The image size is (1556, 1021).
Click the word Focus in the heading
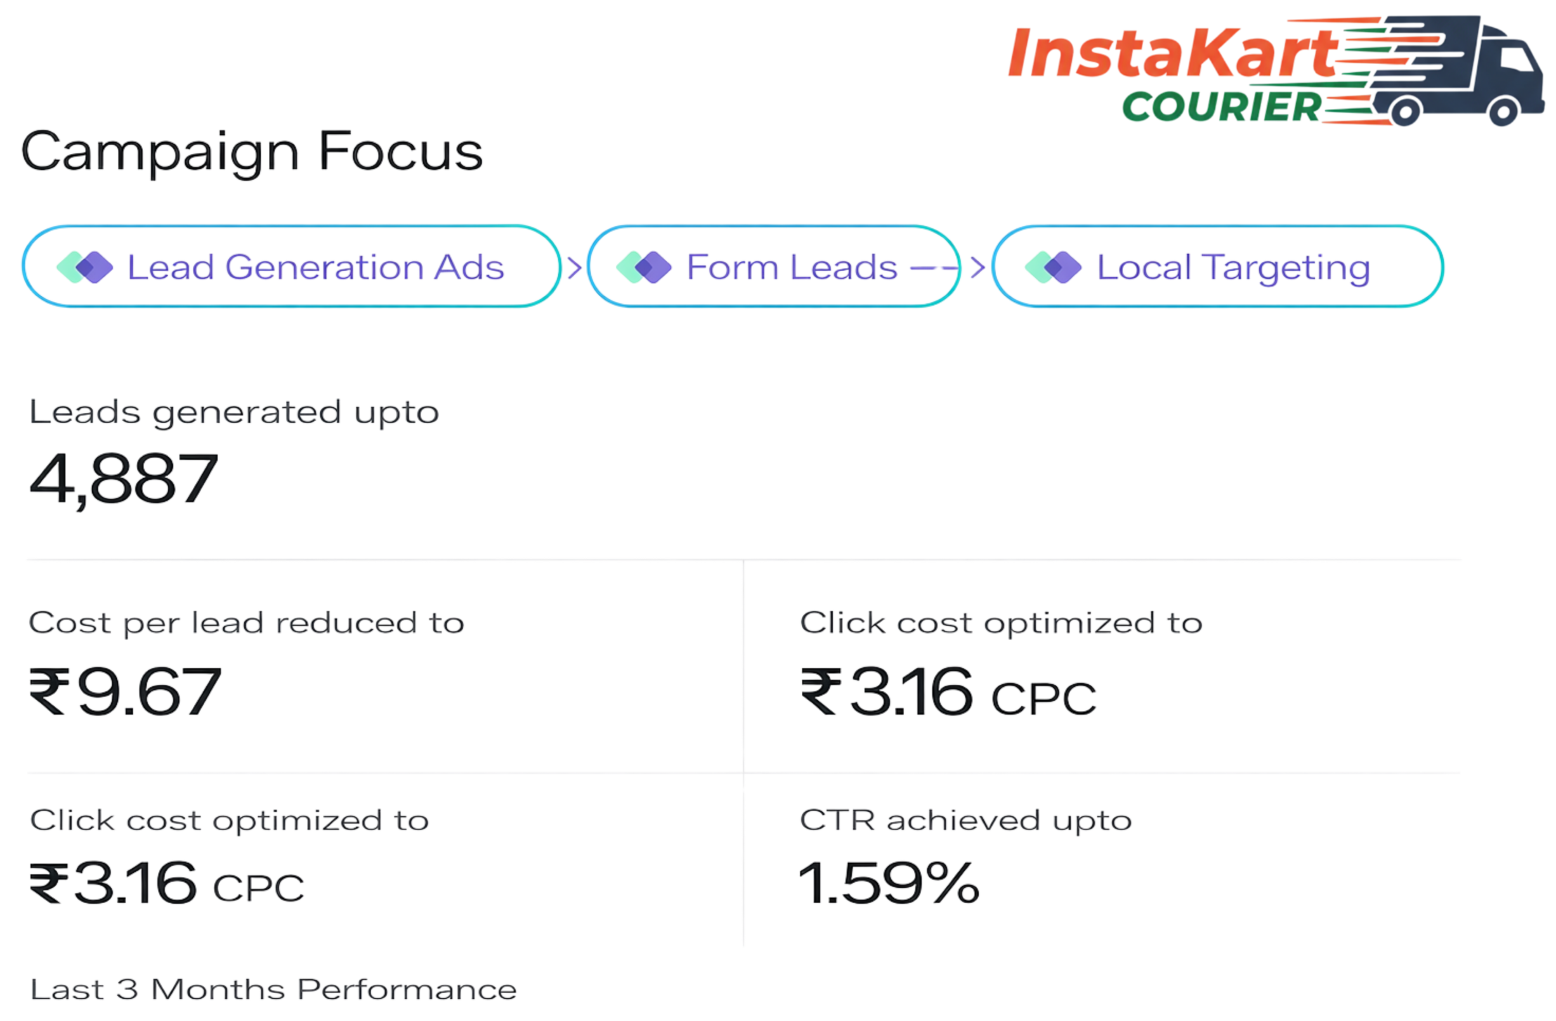click(401, 152)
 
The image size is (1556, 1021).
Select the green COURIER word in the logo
click(1221, 107)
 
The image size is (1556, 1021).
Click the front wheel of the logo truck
click(1503, 112)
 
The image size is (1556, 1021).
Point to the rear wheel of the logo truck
click(1404, 112)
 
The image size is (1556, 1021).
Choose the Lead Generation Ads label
click(316, 268)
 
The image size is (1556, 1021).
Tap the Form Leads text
click(792, 268)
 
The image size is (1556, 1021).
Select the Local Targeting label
click(1233, 268)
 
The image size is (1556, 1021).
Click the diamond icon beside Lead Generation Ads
click(85, 268)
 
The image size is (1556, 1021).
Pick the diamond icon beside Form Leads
click(644, 268)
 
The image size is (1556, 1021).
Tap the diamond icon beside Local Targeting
click(1053, 268)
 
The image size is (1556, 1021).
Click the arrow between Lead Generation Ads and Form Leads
click(573, 268)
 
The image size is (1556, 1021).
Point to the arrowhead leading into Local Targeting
click(977, 268)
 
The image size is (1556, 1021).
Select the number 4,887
click(124, 479)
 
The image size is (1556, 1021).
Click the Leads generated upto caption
click(233, 412)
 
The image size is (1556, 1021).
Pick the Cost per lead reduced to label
click(246, 623)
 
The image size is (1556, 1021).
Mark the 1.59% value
click(889, 883)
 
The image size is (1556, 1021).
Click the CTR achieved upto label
click(965, 821)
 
